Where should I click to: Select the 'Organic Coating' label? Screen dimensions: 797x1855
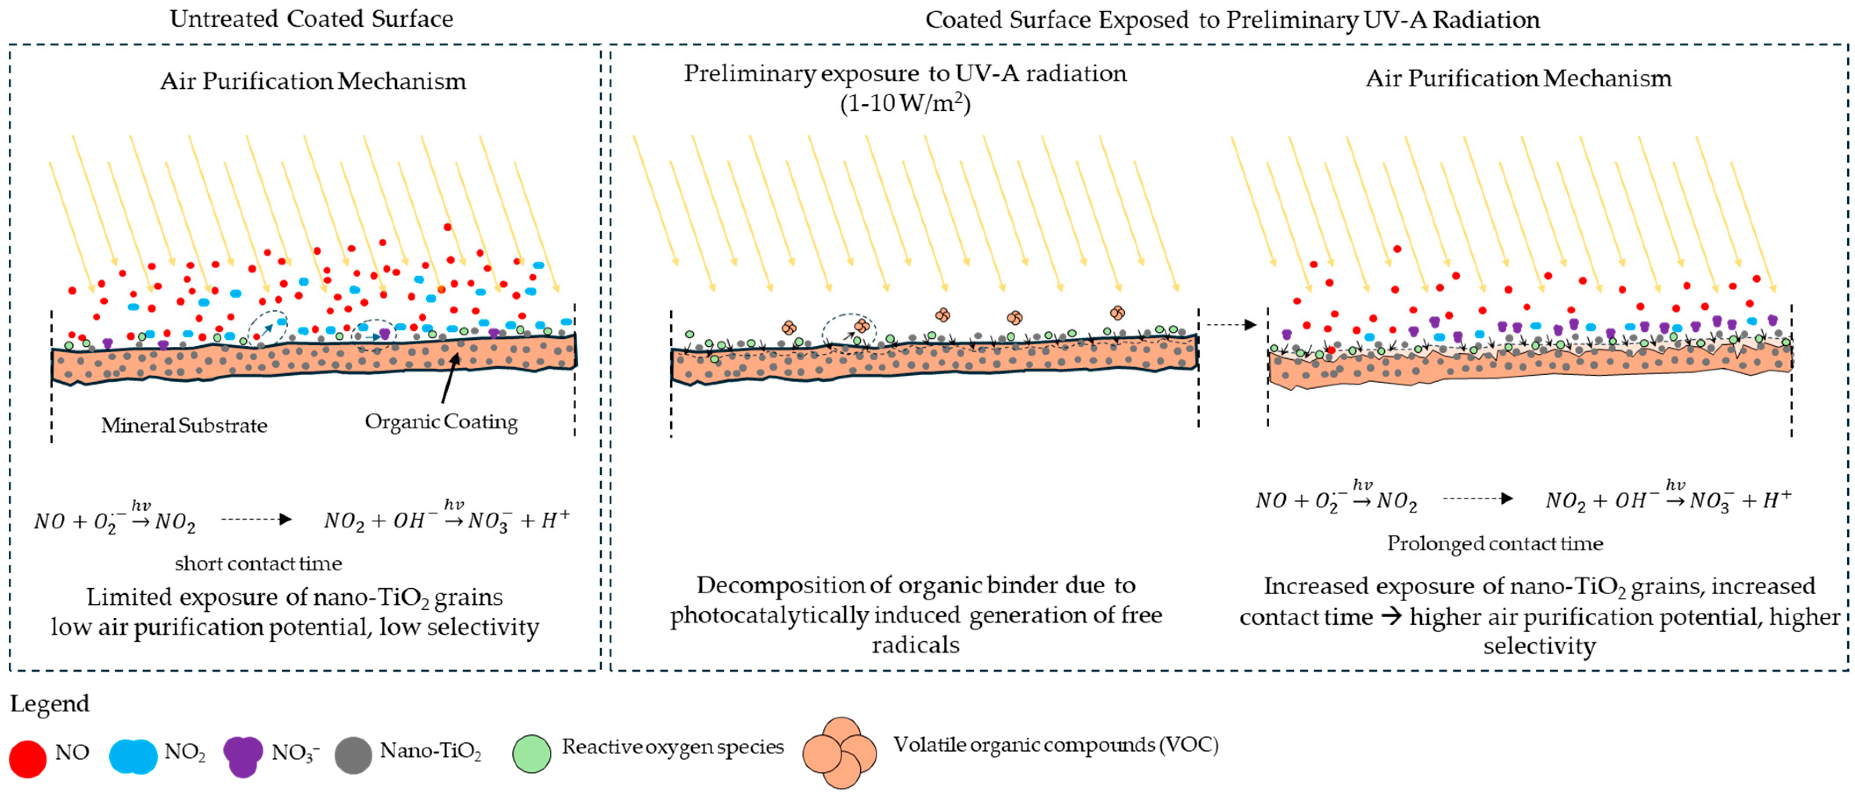click(x=441, y=422)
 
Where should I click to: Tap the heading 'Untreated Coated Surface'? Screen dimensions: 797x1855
click(x=311, y=19)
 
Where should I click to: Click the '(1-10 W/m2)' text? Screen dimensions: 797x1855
click(x=905, y=104)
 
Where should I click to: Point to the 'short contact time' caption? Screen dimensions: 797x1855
click(x=258, y=563)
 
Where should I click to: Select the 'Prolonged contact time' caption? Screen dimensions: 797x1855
click(x=1495, y=544)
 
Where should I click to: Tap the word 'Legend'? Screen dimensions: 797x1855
click(x=50, y=704)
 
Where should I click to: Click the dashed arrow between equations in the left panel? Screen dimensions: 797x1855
click(x=256, y=519)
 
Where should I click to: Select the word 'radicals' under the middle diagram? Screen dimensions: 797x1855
click(x=915, y=645)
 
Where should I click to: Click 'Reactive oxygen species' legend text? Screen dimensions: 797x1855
click(x=673, y=747)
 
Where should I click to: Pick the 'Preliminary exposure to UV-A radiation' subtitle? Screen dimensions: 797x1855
click(x=905, y=73)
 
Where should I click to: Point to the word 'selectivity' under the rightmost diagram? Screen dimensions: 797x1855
click(x=1539, y=646)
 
